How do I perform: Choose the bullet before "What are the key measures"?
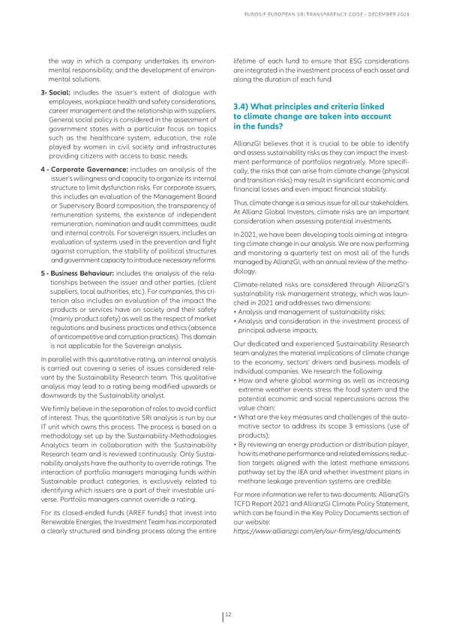[x=235, y=417]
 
